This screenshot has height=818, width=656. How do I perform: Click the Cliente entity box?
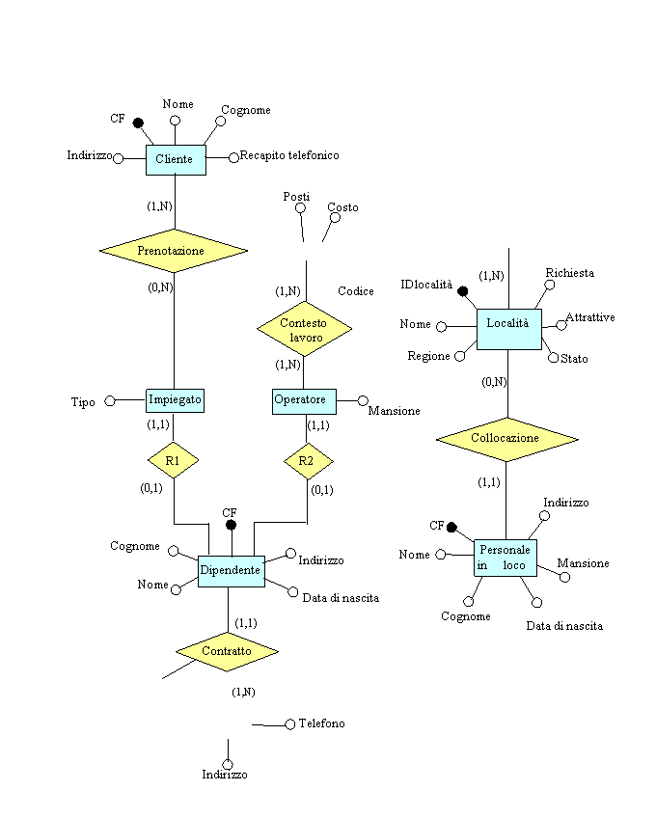176,159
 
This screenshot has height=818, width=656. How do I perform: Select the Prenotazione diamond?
173,251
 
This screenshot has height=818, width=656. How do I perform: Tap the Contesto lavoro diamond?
304,329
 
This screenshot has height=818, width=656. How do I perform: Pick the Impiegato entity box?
175,399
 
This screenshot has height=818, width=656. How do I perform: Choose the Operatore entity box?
304,399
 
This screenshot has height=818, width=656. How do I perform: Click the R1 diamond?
173,461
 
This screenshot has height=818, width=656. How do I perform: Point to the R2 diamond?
307,461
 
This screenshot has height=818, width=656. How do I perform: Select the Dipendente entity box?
231,570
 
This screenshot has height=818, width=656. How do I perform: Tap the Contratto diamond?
227,651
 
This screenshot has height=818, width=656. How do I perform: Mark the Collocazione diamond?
506,438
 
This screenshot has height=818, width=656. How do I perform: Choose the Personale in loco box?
505,558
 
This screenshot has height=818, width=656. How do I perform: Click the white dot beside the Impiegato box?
110,400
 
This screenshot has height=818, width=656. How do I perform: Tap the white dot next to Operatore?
363,400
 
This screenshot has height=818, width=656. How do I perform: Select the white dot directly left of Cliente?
118,158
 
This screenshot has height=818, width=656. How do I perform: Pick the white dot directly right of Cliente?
233,157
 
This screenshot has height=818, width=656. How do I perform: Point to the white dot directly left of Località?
441,327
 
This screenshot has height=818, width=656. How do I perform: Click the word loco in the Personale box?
514,566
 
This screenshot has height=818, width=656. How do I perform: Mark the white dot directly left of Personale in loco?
440,554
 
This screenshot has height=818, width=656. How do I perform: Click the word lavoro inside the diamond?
306,338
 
